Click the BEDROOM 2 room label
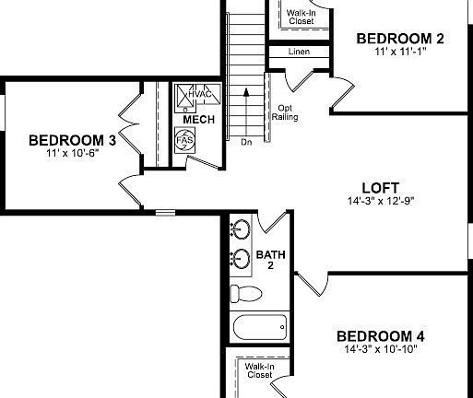pos(400,38)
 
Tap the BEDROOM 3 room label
pos(72,140)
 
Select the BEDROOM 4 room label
pos(380,335)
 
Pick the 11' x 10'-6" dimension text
pos(72,153)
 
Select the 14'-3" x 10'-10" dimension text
pos(380,349)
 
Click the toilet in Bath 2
pos(245,294)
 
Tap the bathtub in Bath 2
pos(259,327)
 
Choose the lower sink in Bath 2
pos(241,257)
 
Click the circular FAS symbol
pos(184,140)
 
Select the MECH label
pos(199,120)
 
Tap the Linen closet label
pos(299,52)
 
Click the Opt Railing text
pos(284,112)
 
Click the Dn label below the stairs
pos(246,142)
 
